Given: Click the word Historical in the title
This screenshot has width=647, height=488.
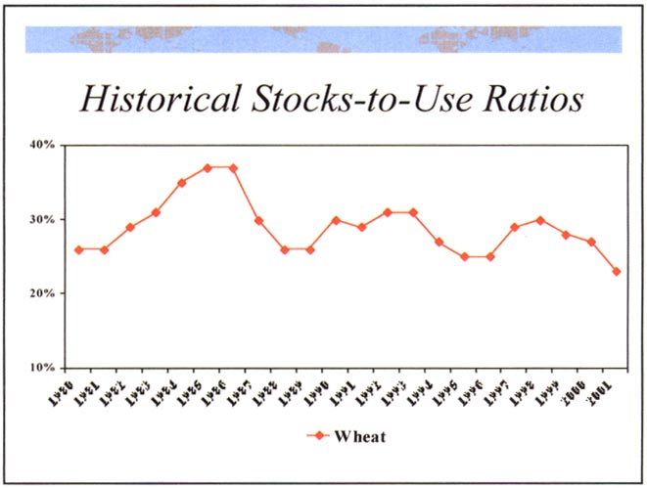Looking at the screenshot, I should (x=159, y=100).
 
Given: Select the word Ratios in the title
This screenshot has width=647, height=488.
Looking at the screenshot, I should (x=537, y=100).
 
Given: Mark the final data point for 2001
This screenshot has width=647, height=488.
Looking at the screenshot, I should (x=617, y=271).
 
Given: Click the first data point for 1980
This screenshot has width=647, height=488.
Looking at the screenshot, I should (x=78, y=249).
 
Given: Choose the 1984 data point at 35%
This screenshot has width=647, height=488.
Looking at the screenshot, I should (x=181, y=183).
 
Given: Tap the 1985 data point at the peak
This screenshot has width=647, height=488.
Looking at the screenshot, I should (x=207, y=167).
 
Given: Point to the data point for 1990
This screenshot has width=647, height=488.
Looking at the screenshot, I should (x=335, y=220).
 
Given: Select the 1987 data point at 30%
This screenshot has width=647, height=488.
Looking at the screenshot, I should (x=258, y=220).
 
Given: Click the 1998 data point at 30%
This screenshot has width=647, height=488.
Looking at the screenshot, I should (x=540, y=220).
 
